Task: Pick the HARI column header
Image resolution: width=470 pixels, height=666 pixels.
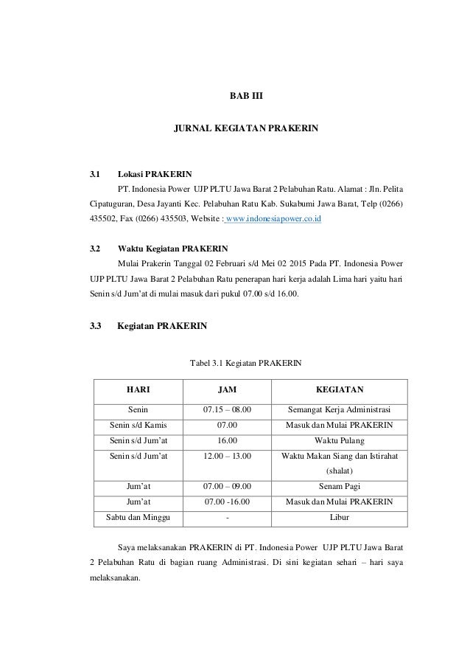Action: coord(138,389)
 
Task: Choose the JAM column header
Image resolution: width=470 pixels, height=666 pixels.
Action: coord(227,389)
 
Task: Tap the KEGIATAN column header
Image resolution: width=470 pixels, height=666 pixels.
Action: coord(339,389)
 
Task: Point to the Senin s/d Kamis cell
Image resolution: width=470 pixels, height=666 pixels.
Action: coord(138,426)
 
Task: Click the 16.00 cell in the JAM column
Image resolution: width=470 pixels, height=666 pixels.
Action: coord(227,441)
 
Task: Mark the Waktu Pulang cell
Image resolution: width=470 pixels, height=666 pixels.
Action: coord(339,441)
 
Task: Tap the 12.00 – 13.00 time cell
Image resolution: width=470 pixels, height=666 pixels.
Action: coord(227,457)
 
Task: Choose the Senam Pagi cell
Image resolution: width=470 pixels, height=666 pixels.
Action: coord(339,487)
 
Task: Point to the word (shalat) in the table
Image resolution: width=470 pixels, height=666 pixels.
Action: coord(339,471)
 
